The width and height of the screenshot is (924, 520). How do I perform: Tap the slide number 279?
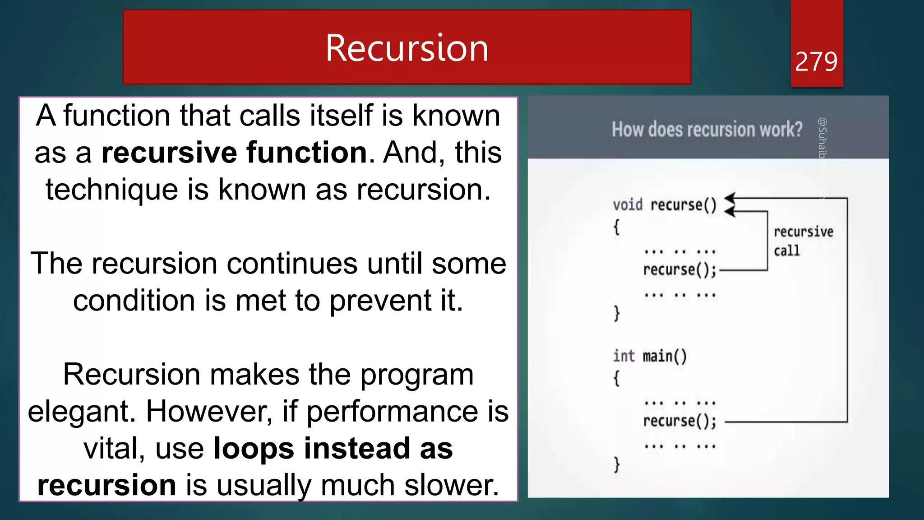(816, 62)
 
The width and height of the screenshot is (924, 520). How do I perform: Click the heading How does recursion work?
(707, 130)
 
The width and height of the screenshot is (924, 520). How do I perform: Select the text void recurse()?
(664, 205)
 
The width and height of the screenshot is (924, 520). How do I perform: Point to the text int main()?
(650, 356)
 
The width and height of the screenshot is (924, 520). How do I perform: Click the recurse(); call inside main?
(679, 421)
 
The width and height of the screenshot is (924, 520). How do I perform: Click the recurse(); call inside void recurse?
(679, 270)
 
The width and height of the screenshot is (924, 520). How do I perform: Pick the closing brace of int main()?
(617, 464)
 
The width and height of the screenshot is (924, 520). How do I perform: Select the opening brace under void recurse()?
(616, 227)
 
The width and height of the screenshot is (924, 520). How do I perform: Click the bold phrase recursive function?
(234, 153)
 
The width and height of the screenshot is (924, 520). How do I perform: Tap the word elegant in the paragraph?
(81, 412)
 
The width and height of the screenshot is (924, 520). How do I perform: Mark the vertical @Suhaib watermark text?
(822, 140)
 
